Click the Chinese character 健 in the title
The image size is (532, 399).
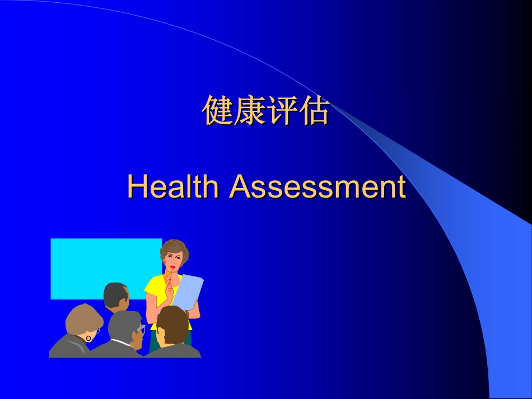(x=218, y=111)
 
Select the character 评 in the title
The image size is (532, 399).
(x=282, y=111)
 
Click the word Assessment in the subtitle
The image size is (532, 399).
(x=317, y=186)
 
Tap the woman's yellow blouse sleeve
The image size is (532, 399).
(x=151, y=287)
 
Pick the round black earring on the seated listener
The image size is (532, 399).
(x=88, y=338)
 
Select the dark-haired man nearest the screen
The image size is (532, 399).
(x=115, y=295)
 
